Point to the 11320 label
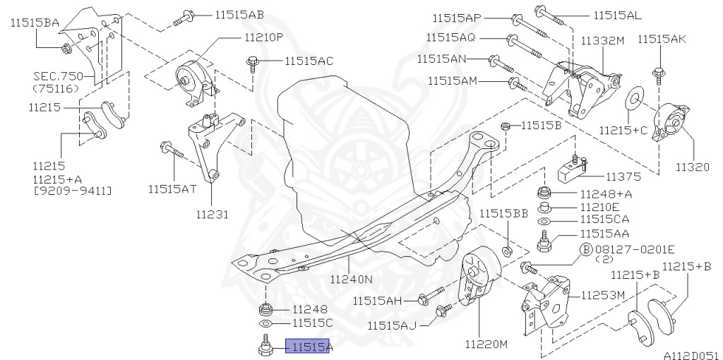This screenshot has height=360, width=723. click(691, 167)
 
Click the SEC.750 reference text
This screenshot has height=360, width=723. click(58, 76)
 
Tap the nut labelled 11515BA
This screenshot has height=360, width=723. click(66, 48)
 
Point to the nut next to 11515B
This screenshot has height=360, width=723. click(506, 126)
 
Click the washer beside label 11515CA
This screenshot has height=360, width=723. click(544, 220)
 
